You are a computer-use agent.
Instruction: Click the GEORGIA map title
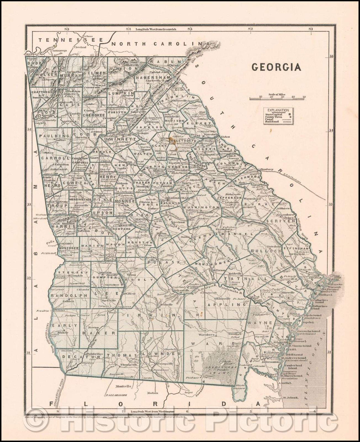click(276, 67)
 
